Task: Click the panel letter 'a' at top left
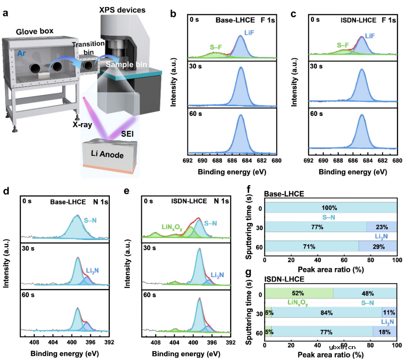coord(5,12)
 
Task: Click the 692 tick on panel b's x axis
coord(188,160)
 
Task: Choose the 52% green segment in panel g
coord(299,293)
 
